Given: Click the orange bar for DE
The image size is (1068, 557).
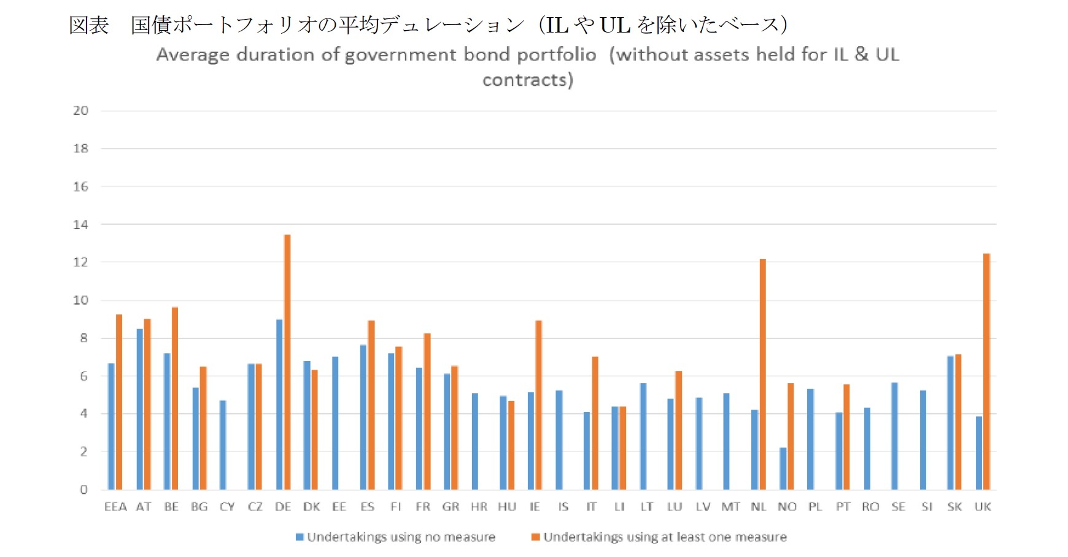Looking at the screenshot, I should click(x=287, y=362).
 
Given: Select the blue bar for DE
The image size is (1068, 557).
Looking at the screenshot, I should click(x=279, y=405).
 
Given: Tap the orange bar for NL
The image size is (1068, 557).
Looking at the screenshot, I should click(x=763, y=375).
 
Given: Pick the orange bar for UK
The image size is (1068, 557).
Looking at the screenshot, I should click(x=986, y=372).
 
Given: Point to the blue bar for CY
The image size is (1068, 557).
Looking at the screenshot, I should click(x=223, y=445).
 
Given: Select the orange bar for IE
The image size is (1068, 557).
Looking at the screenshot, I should click(x=539, y=405).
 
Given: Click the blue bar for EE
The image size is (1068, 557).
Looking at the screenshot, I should click(x=335, y=423).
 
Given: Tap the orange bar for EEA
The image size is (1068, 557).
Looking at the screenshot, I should click(x=119, y=402).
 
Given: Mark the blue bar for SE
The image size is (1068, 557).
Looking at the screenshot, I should click(x=895, y=436).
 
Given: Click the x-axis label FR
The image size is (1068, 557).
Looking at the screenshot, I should click(x=423, y=507).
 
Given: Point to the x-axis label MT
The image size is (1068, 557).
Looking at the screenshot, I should click(x=730, y=507).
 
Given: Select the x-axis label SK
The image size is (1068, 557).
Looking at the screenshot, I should click(x=954, y=507).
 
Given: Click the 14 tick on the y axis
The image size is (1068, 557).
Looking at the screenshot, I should click(x=80, y=225).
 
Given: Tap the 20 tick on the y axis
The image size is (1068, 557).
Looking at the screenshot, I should click(x=80, y=111).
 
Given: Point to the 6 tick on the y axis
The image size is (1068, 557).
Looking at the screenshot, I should click(x=83, y=376).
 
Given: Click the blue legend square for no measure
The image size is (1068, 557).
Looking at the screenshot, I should click(x=300, y=537).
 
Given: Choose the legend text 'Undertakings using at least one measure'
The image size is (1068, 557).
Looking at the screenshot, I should click(x=665, y=537).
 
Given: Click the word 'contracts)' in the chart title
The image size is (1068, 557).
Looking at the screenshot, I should click(x=527, y=80).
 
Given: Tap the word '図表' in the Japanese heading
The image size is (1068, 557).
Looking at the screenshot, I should click(x=89, y=25).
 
